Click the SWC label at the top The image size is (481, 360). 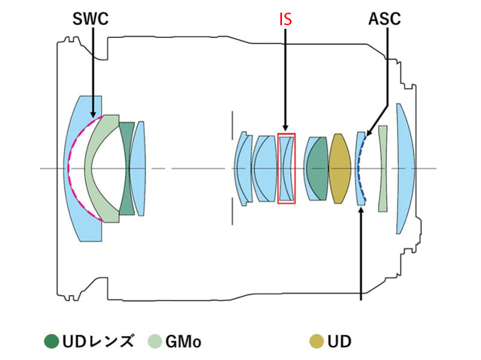click(x=90, y=19)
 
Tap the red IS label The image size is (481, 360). click(x=285, y=19)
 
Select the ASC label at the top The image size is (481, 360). click(x=384, y=19)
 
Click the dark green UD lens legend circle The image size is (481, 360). click(x=51, y=341)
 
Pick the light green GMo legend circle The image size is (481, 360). click(x=155, y=341)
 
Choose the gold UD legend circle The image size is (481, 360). click(x=317, y=341)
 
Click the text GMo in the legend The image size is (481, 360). click(x=183, y=341)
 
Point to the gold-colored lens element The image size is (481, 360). click(x=339, y=168)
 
